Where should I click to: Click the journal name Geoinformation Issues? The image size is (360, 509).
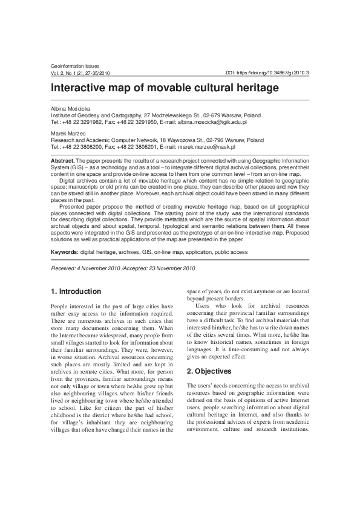[73, 65]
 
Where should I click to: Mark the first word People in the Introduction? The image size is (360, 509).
[62, 306]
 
